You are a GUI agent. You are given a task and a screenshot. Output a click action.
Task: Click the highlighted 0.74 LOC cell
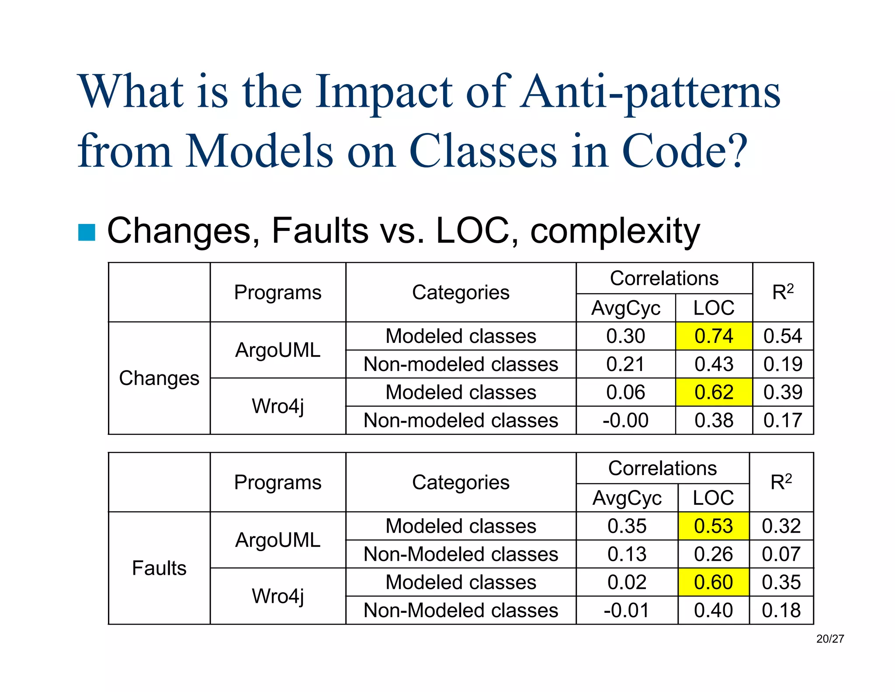713,336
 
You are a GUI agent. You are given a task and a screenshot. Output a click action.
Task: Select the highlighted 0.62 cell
713,392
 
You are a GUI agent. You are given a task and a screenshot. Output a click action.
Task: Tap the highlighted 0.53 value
713,526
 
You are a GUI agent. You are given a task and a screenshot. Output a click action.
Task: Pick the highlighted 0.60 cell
713,582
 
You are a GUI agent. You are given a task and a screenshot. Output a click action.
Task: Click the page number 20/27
830,639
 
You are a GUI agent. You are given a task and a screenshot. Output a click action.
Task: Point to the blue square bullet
87,232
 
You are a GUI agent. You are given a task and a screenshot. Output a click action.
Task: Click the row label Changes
159,378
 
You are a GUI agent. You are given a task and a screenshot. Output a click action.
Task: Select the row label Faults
159,568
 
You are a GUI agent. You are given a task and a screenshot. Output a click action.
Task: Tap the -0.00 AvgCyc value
625,420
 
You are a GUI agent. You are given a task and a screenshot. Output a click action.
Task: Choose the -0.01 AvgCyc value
626,610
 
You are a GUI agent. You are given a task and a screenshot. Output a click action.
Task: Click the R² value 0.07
781,554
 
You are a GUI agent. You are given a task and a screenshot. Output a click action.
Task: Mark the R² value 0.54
782,336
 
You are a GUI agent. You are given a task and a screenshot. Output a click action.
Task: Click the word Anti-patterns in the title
650,93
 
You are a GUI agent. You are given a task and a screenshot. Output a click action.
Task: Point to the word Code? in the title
684,151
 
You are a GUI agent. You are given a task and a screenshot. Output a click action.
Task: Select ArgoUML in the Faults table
278,540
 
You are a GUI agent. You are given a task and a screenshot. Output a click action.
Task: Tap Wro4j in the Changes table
278,406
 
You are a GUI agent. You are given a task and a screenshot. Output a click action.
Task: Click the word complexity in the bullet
615,231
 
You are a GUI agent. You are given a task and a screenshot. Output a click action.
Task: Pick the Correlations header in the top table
664,278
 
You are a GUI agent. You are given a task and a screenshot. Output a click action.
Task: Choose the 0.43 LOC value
713,364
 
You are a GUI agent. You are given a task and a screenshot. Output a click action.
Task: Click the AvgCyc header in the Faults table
627,498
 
